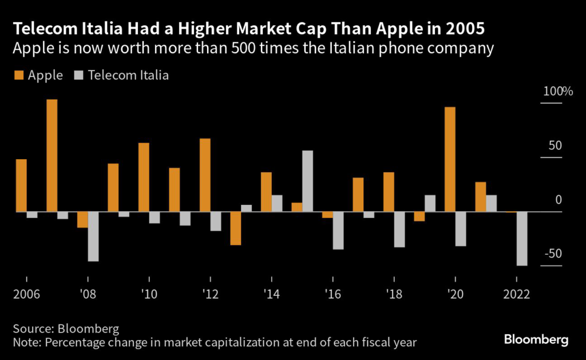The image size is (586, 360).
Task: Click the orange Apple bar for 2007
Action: click(x=52, y=156)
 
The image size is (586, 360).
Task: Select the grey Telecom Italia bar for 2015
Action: click(x=307, y=181)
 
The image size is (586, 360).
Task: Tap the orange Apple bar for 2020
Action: click(x=450, y=159)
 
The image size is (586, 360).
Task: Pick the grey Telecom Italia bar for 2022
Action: click(x=521, y=239)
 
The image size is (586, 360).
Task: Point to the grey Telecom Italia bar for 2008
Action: click(x=93, y=236)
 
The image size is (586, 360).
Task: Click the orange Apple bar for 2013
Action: click(x=236, y=228)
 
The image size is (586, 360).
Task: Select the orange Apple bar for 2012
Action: click(x=205, y=175)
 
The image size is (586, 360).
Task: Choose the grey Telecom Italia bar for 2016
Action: click(x=338, y=231)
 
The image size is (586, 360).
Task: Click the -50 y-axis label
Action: click(x=552, y=254)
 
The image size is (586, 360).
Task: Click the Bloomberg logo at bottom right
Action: click(x=536, y=339)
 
